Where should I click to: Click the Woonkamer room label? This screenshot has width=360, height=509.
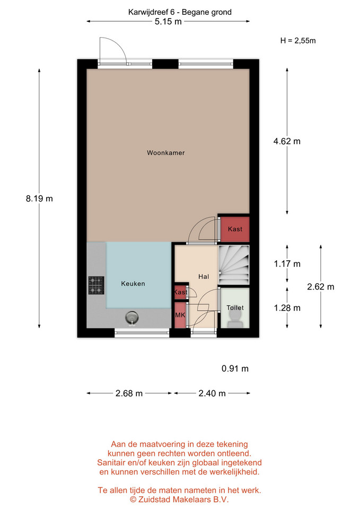pos(165,153)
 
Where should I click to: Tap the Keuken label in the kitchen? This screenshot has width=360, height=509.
pos(133,283)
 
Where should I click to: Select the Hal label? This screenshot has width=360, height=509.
pos(204,277)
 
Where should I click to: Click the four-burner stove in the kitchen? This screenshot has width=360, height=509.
pos(96,285)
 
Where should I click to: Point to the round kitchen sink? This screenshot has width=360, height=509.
pos(132,318)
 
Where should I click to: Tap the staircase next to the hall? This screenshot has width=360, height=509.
pos(234,265)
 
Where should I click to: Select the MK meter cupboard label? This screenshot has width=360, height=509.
pos(180,315)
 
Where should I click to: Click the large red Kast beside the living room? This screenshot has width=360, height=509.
pos(235,229)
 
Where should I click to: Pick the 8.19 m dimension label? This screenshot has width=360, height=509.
pos(39,198)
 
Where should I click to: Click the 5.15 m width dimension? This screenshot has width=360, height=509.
pos(168,22)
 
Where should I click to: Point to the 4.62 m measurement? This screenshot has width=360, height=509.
pos(287,141)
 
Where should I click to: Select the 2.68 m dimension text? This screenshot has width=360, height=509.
pos(129,393)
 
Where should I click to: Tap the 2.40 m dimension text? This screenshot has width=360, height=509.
pos(212,393)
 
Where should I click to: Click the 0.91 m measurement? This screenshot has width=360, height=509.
pos(235,368)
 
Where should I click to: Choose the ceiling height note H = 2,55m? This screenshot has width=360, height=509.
pos(298,41)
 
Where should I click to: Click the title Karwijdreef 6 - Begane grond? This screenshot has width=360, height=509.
pos(180,12)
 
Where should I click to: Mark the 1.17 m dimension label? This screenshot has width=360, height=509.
pos(287,264)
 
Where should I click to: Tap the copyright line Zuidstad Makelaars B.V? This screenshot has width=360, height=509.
pos(180,499)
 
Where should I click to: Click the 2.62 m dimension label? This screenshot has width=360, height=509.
pos(321,287)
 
